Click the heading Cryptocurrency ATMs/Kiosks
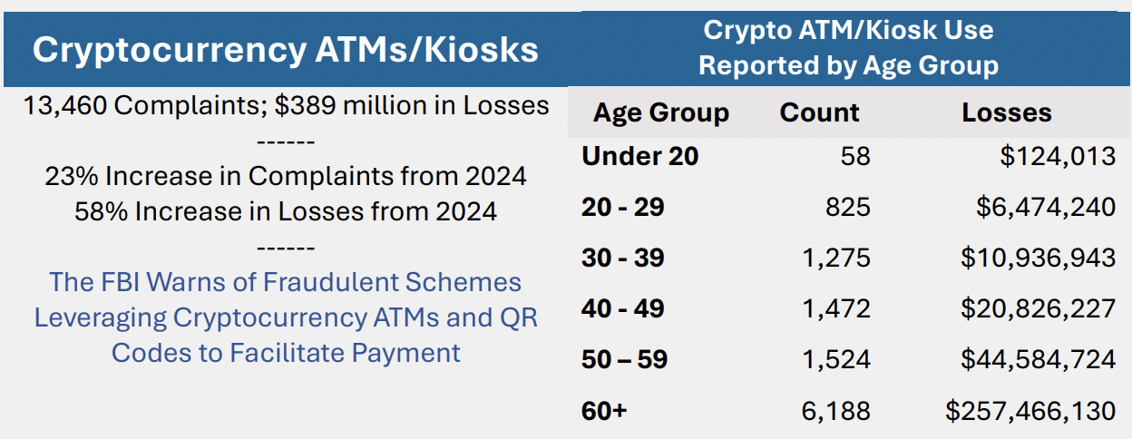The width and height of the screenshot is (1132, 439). click(x=285, y=49)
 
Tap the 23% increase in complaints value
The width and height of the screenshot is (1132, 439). click(x=65, y=175)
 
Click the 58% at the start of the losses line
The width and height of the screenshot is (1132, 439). click(x=95, y=211)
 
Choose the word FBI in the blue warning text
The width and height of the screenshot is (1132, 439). click(x=123, y=281)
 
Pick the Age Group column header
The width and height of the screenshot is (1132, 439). click(x=660, y=112)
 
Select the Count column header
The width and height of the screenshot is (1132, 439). click(x=819, y=112)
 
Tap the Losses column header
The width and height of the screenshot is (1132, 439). click(x=1007, y=112)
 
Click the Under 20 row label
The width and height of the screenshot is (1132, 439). click(x=640, y=156)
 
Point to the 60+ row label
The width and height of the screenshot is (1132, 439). click(x=604, y=411)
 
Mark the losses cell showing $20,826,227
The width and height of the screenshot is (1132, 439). click(x=1038, y=308)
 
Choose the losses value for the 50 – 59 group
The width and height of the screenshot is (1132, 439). click(x=1038, y=359)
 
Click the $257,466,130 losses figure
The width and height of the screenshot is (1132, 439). click(x=1030, y=411)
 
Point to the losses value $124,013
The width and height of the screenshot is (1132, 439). click(x=1058, y=156)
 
